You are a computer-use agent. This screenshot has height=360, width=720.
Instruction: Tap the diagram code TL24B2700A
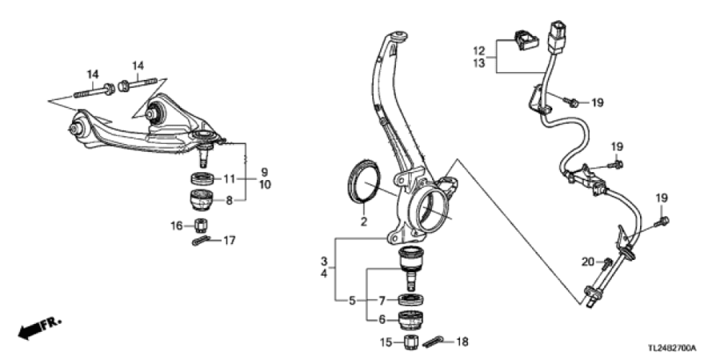click(x=672, y=348)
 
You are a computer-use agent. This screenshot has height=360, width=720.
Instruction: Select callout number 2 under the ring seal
click(x=364, y=222)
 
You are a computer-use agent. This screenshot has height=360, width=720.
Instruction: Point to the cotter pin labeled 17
click(x=201, y=241)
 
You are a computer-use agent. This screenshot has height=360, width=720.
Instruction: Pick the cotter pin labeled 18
click(x=434, y=342)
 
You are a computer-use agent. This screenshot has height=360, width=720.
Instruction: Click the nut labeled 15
click(x=410, y=342)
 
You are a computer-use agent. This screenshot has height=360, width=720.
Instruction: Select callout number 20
click(x=588, y=262)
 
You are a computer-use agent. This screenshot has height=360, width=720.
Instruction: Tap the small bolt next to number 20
click(x=607, y=263)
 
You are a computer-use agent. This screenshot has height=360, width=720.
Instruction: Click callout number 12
click(x=479, y=50)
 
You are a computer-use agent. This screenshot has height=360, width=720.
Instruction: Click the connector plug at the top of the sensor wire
click(x=557, y=36)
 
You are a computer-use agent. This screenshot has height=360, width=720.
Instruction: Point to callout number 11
click(x=229, y=178)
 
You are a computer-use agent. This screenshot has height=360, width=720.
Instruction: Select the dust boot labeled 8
click(x=202, y=200)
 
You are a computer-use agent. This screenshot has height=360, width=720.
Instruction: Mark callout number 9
click(x=265, y=173)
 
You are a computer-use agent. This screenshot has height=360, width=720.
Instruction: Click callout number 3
click(x=324, y=262)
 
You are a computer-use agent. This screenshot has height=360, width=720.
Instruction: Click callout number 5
click(x=352, y=301)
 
